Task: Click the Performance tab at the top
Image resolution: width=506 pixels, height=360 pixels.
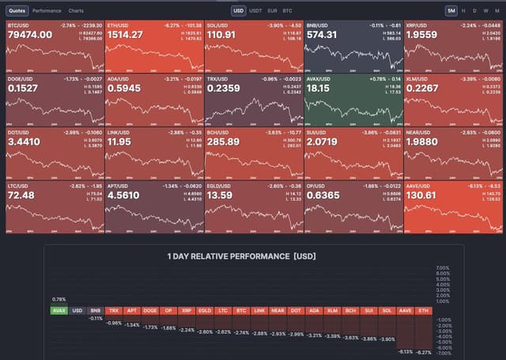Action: point(47,11)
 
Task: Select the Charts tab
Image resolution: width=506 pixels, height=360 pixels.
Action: point(76,11)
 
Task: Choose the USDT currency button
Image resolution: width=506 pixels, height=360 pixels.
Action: point(255,11)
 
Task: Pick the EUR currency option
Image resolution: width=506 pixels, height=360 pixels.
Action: point(272,11)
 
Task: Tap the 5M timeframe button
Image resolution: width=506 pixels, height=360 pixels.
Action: point(451,11)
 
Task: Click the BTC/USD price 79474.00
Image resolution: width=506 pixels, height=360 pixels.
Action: point(30,35)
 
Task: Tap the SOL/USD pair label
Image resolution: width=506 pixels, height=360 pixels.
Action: point(217,25)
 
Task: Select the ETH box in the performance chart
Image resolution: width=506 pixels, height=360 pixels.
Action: point(424,310)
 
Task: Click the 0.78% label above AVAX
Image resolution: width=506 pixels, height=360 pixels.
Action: point(59,299)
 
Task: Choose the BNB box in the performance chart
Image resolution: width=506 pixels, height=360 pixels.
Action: point(95,310)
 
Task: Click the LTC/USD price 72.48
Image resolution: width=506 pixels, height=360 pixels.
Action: point(23,195)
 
